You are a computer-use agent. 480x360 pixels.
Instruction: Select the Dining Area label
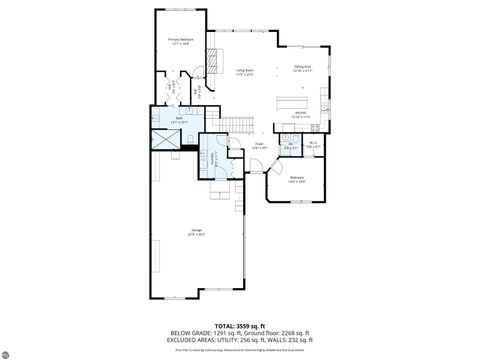pos(302,69)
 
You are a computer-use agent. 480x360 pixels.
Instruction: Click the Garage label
pos(197,233)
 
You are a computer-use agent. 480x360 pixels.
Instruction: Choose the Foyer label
pos(258,146)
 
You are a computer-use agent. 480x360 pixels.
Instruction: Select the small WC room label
pos(290,145)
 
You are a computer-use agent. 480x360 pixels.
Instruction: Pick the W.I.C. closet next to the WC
pos(313,144)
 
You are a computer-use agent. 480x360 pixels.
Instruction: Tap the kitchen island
pos(296,102)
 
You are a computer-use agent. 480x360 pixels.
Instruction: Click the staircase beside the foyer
pos(232,124)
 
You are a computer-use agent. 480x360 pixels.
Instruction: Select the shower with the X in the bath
pos(161,141)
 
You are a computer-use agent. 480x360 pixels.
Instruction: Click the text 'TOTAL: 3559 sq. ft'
pos(240,326)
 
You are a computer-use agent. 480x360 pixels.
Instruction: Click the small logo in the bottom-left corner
pos(9,351)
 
